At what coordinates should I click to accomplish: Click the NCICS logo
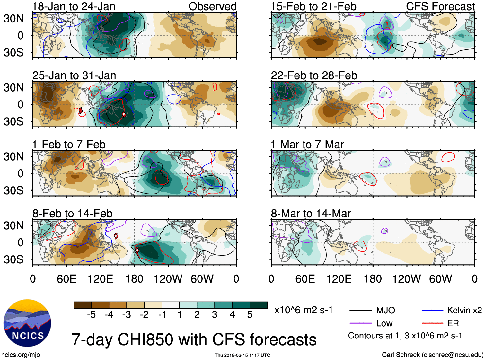point(27,323)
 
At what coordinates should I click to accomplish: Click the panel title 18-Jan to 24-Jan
point(74,6)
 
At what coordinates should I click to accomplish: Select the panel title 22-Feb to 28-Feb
point(314,75)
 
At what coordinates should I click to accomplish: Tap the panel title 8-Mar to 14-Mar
point(311,214)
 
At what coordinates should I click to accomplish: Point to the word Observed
point(212,6)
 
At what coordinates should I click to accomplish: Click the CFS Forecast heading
point(440,6)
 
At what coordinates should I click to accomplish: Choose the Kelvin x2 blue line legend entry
point(451,310)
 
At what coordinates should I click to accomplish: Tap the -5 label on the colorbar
point(91,315)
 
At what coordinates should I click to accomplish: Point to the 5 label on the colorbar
point(250,315)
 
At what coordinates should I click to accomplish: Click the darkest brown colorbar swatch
point(83,305)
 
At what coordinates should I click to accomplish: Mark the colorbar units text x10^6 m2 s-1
point(303,310)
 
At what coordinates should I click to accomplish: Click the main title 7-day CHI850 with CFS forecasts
point(194,340)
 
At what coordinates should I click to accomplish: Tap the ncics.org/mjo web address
point(21,355)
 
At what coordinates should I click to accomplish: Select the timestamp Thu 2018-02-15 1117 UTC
point(242,355)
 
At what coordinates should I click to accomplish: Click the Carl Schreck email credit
point(432,355)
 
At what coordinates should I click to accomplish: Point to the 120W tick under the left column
point(168,279)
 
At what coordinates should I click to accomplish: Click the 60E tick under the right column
point(305,279)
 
